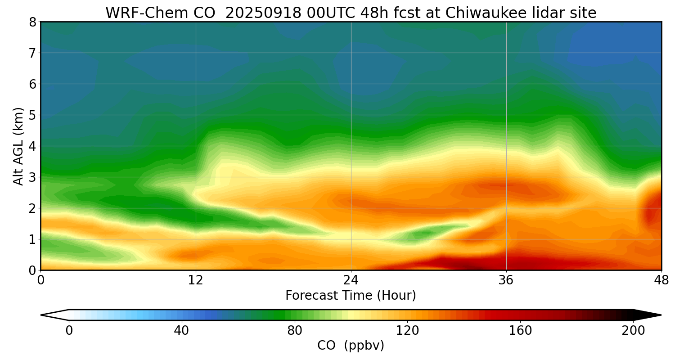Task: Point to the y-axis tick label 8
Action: tap(32, 22)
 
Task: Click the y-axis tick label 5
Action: tap(32, 115)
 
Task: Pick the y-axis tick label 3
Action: tap(32, 177)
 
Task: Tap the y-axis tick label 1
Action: tap(32, 239)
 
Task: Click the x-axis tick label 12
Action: tap(196, 280)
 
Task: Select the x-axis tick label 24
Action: tap(351, 280)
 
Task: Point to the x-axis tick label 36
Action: tap(506, 280)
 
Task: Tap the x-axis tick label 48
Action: tap(661, 280)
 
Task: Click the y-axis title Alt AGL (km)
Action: tap(18, 146)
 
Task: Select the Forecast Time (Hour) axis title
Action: tap(351, 296)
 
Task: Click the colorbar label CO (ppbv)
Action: tap(351, 346)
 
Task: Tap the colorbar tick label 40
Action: tap(181, 331)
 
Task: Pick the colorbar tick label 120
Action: tap(407, 331)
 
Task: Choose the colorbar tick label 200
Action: tap(633, 331)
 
